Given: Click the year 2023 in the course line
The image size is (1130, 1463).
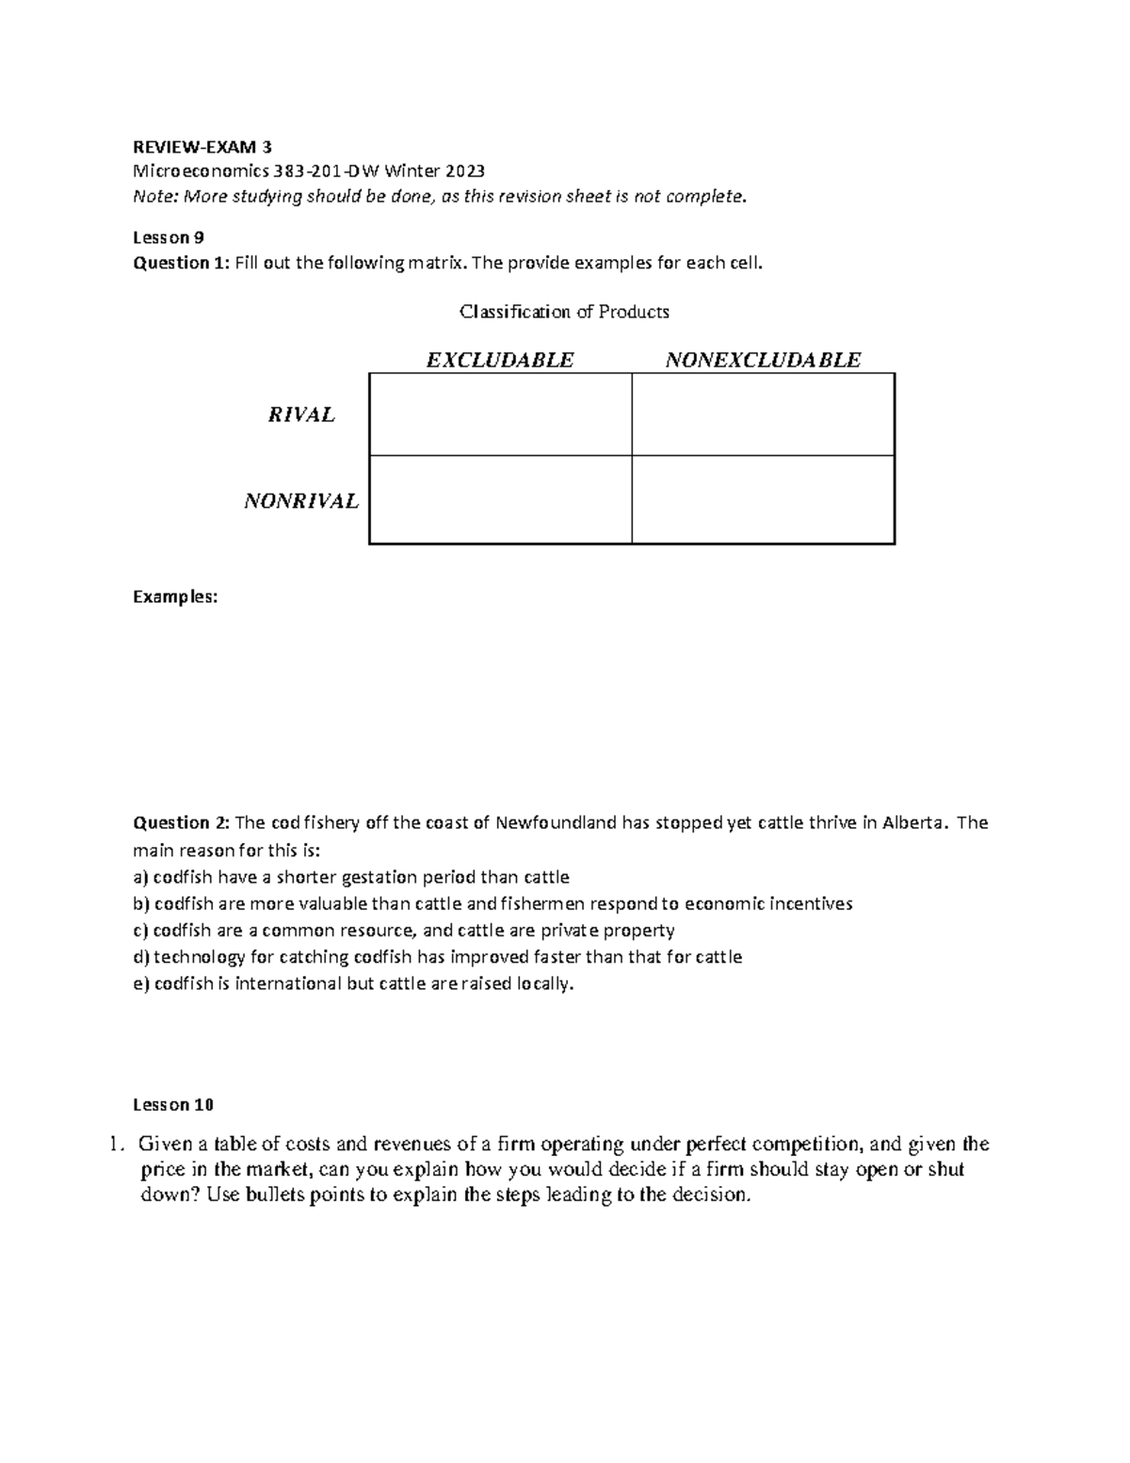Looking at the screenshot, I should coord(465,171).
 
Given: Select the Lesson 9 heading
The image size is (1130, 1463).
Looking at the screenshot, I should coord(169,237).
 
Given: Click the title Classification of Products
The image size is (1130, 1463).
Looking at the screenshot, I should coord(563,312).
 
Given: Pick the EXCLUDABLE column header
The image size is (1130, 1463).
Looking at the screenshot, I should coord(500,360).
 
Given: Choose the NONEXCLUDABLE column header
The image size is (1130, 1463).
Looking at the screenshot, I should coord(763,360).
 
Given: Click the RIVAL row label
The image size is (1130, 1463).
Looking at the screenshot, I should coord(301,415).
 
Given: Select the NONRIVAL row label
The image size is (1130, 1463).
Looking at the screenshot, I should coord(301,501).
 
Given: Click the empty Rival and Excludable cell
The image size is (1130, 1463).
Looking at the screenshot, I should coord(500,415).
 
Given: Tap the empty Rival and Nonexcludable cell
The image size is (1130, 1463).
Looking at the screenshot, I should coord(763,415).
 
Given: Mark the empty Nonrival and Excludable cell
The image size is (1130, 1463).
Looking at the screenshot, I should coord(500,500).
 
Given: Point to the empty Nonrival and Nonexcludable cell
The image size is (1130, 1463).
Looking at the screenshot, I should coord(763,500).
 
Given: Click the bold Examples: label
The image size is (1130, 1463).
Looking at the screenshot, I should coord(175,596).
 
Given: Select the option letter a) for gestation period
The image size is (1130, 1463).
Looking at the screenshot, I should coord(140,877).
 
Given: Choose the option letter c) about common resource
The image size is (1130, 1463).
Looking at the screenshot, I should coord(140,931).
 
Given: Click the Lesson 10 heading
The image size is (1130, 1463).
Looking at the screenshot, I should coord(173,1104).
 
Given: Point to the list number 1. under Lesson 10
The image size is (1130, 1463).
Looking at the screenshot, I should coord(116,1146).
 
